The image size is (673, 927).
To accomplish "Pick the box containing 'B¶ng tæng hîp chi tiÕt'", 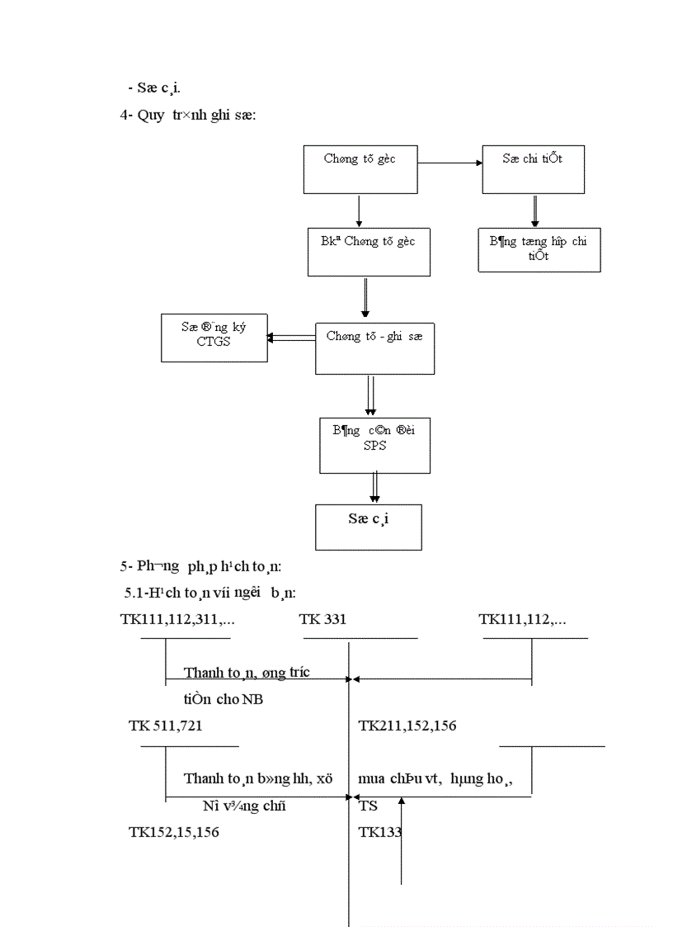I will [x=539, y=249].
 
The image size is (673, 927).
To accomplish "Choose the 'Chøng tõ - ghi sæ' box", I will [x=374, y=348].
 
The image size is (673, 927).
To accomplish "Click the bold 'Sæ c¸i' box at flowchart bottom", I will [x=368, y=527].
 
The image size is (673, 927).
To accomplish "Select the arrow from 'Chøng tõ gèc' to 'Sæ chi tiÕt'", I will [x=449, y=163].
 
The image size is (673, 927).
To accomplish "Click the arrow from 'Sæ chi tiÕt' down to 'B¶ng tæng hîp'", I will [x=534, y=210].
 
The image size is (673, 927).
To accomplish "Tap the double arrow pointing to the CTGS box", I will [x=291, y=337].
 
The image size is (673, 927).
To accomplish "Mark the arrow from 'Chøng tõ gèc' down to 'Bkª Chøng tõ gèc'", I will [x=359, y=211].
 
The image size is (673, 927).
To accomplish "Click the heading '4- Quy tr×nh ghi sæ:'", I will [x=188, y=116].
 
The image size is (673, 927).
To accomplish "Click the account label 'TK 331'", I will [x=322, y=619].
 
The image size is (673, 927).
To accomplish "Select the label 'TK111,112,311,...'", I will [x=177, y=619].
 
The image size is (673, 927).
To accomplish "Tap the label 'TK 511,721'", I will [x=166, y=726].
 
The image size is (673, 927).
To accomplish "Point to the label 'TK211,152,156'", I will [x=407, y=726].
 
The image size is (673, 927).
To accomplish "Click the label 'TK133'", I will [x=379, y=832].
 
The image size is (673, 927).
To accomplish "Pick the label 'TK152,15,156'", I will [x=174, y=832].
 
